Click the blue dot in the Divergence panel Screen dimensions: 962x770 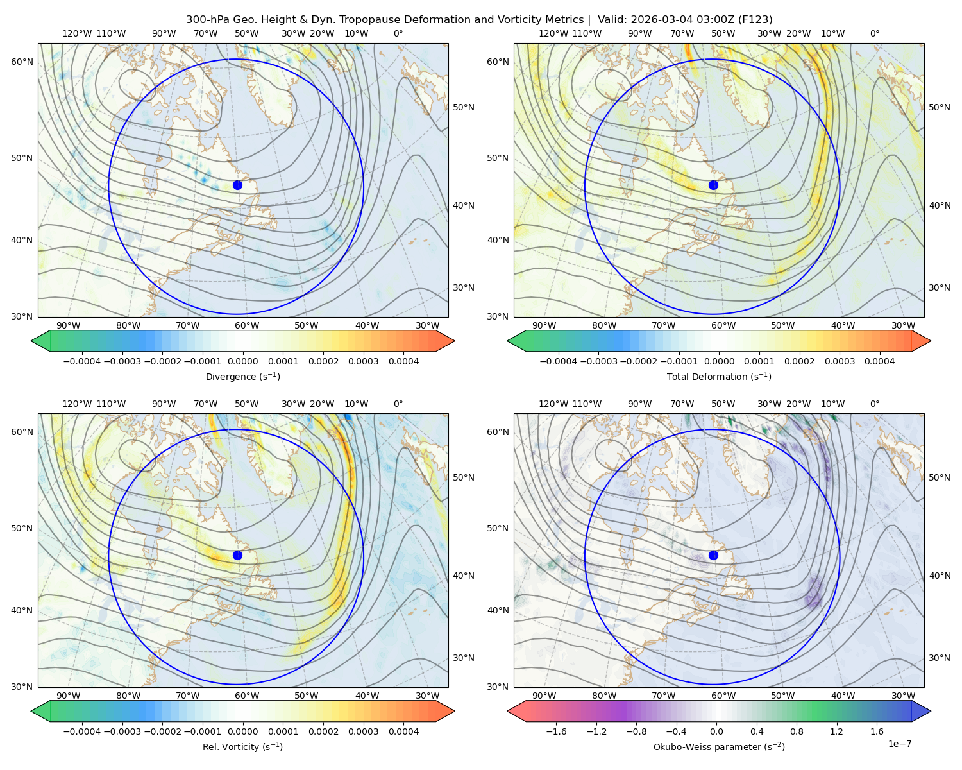(237, 185)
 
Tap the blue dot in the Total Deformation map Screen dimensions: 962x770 (713, 185)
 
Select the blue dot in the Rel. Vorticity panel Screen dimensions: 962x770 (237, 555)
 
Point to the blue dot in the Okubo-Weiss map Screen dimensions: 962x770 (713, 555)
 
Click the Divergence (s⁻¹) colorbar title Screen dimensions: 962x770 (242, 376)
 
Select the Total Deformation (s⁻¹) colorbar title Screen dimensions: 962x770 (719, 376)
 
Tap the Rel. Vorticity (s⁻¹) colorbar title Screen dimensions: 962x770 (242, 746)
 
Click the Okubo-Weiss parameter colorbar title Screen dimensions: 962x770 (719, 746)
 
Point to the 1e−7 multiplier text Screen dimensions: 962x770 (899, 744)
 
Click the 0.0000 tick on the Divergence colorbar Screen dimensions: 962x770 (242, 361)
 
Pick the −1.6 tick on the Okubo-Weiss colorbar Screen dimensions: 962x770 (556, 732)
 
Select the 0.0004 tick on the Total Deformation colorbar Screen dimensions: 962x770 (879, 361)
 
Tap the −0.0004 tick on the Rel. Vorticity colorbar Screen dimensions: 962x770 (82, 732)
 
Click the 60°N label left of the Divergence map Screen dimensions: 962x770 (22, 62)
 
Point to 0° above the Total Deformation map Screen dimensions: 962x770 (874, 33)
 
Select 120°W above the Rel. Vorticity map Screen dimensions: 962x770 (77, 404)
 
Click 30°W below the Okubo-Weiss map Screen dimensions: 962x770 (903, 696)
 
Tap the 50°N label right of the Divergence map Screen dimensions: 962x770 (464, 107)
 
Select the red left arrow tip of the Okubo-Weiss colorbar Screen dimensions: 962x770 (508, 711)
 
